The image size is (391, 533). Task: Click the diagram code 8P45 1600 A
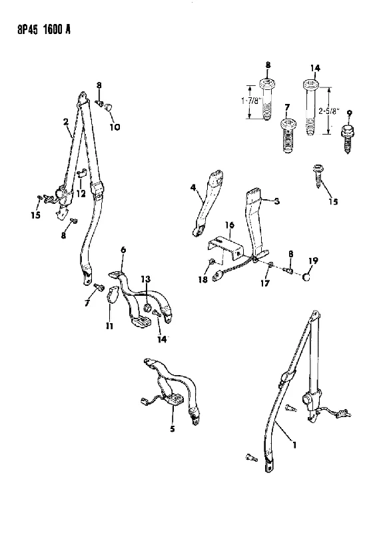(x=44, y=30)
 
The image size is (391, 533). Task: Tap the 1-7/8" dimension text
(x=251, y=101)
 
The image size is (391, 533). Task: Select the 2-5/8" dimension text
(x=329, y=111)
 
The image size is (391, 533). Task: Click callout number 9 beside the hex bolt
(x=349, y=114)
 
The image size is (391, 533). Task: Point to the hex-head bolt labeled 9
(x=347, y=140)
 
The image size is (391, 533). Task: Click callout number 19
(x=313, y=261)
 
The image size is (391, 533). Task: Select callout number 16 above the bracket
(x=230, y=225)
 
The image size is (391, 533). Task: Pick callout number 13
(x=145, y=279)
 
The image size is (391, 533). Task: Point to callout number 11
(x=109, y=326)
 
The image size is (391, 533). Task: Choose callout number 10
(x=115, y=127)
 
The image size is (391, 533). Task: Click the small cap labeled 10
(x=109, y=107)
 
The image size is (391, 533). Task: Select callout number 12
(x=81, y=194)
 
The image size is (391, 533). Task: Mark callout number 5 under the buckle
(x=173, y=429)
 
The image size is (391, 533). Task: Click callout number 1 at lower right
(x=294, y=444)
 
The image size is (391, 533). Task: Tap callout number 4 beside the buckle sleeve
(x=193, y=187)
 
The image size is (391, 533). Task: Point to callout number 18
(x=202, y=280)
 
